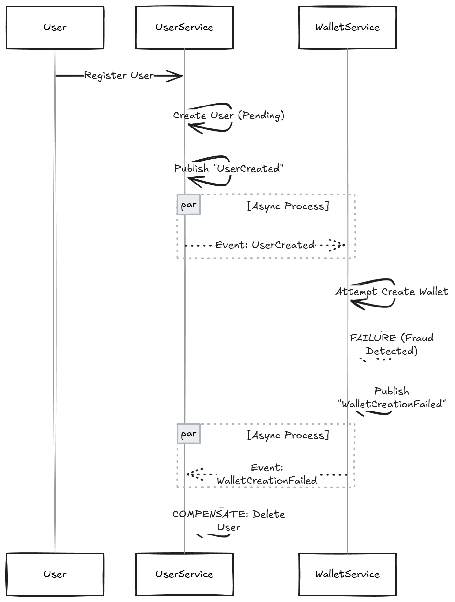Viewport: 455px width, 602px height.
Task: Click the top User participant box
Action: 55,28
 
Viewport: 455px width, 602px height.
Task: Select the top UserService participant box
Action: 184,28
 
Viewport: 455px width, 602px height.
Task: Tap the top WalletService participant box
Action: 347,28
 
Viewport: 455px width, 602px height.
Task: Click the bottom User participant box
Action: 55,574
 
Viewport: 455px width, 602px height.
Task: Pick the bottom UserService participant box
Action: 184,574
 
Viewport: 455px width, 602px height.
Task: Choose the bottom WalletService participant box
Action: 347,574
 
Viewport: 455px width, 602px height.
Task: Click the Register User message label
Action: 119,76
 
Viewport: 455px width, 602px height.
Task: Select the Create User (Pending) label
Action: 228,116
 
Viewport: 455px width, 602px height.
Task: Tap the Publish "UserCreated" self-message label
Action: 228,168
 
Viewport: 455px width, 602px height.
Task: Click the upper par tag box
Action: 189,205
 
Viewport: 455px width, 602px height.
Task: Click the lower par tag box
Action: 189,434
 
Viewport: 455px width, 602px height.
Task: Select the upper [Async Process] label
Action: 288,206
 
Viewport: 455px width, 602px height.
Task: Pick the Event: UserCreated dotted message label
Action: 265,245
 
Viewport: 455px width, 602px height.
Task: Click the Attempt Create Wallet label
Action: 392,292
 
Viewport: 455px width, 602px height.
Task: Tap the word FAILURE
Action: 373,338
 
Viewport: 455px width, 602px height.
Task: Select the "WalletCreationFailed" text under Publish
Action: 392,404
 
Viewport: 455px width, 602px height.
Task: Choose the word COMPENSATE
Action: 209,514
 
